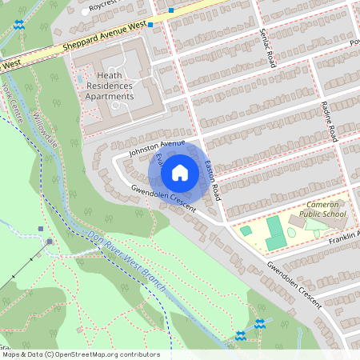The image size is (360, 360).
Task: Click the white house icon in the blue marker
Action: [180, 172]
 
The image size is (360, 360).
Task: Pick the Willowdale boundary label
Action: [47, 127]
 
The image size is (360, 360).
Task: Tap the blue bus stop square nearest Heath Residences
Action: [150, 25]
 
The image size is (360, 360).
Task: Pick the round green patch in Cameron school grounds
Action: [291, 233]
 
